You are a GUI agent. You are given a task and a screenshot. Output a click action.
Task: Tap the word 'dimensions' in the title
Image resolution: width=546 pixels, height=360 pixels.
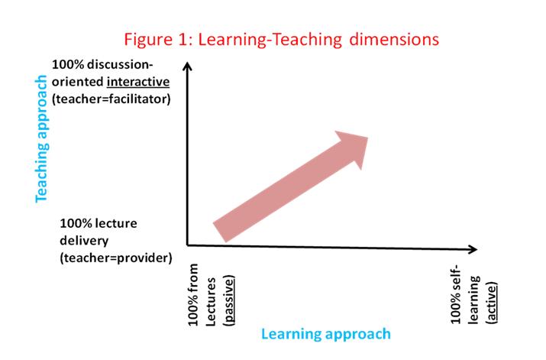(x=394, y=39)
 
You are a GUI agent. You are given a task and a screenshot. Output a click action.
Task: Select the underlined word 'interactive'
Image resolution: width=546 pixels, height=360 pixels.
(x=138, y=82)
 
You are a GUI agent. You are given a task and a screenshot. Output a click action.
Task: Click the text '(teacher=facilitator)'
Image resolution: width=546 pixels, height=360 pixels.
(x=111, y=99)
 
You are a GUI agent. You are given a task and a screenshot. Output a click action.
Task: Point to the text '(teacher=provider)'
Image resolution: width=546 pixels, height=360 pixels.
(x=116, y=258)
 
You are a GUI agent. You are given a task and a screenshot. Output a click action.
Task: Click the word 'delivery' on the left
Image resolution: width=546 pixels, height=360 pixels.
(x=84, y=241)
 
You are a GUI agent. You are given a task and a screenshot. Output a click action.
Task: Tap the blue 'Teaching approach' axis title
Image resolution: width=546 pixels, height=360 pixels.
(x=41, y=138)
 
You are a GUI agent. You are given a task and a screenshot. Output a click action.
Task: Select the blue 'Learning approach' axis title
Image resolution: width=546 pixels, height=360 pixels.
(x=326, y=334)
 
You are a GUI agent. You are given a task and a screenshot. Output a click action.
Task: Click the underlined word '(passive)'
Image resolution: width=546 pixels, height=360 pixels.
(x=229, y=300)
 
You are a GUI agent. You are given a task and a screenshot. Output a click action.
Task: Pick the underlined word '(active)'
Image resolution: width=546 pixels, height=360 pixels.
(x=491, y=303)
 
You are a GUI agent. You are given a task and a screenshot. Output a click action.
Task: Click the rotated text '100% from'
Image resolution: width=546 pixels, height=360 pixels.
(x=192, y=294)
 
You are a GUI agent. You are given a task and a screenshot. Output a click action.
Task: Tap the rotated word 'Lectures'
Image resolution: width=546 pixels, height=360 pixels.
(x=211, y=302)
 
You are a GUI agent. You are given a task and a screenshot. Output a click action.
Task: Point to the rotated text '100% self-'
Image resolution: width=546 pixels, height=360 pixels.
(x=455, y=294)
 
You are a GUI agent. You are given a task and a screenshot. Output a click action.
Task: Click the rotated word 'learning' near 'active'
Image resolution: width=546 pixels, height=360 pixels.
(x=474, y=300)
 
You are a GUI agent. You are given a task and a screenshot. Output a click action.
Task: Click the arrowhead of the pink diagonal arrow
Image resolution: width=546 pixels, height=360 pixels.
(x=353, y=148)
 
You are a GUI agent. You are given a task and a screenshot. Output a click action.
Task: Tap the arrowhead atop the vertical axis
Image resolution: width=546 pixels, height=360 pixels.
(x=187, y=66)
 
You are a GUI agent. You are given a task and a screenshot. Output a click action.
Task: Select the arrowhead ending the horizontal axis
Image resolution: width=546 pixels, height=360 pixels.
(x=473, y=249)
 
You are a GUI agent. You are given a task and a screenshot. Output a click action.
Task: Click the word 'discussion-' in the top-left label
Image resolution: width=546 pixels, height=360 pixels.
(x=120, y=64)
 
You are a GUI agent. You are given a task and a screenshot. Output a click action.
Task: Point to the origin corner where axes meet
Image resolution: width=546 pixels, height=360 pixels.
(x=187, y=245)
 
